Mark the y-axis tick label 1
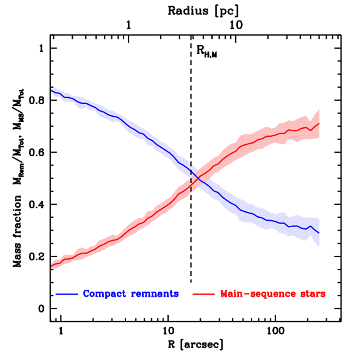click(x=42, y=49)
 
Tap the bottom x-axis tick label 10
click(x=168, y=331)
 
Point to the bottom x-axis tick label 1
click(x=61, y=331)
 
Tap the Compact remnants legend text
click(x=131, y=294)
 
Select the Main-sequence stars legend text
click(x=273, y=294)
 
